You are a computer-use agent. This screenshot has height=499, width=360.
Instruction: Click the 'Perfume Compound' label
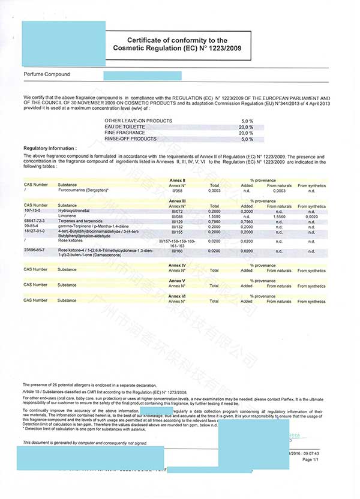[x=47, y=74]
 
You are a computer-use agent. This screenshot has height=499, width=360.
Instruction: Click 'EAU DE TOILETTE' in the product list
[x=125, y=127]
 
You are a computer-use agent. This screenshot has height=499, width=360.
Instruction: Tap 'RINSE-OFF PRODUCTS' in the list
[x=129, y=139]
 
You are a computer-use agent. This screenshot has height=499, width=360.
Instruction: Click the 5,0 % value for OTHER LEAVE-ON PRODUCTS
[x=247, y=121]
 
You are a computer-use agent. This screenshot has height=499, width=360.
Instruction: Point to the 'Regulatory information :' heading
[x=50, y=148]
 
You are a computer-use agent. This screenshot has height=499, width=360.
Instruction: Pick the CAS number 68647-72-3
[x=35, y=221]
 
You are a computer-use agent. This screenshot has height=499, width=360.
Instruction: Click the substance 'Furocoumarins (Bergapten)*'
[x=83, y=190]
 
